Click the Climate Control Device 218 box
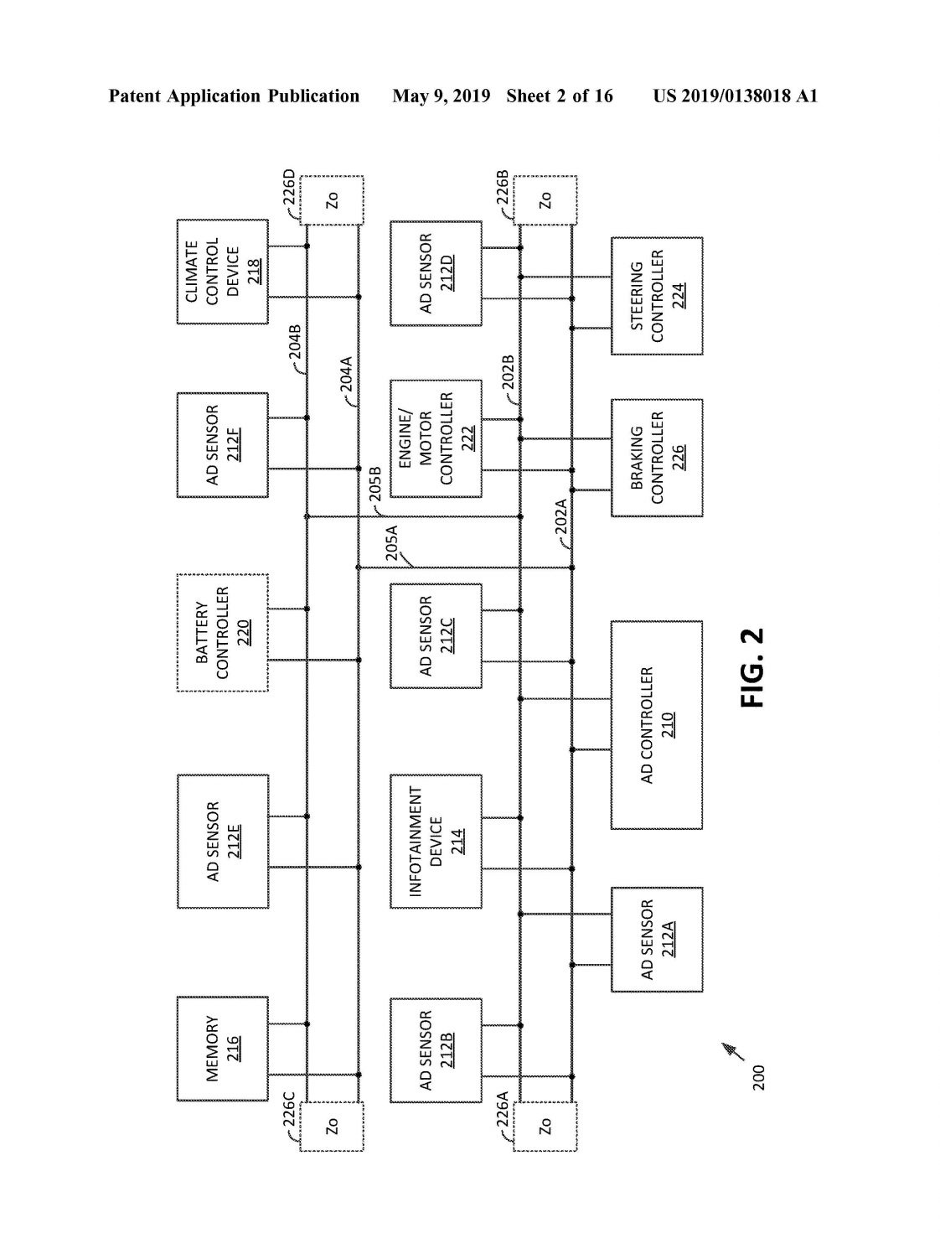223,272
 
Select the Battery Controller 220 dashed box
223,632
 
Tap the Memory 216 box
223,1049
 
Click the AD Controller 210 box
657,725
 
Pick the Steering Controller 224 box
657,296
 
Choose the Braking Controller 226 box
657,458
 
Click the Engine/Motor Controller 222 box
436,438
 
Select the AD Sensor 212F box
223,445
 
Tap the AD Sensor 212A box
657,940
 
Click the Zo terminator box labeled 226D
332,200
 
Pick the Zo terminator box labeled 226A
545,1127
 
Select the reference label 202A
561,516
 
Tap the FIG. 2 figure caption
752,668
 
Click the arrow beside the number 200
733,1052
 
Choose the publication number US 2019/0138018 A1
735,96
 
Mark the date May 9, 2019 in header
442,96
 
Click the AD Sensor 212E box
223,842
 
